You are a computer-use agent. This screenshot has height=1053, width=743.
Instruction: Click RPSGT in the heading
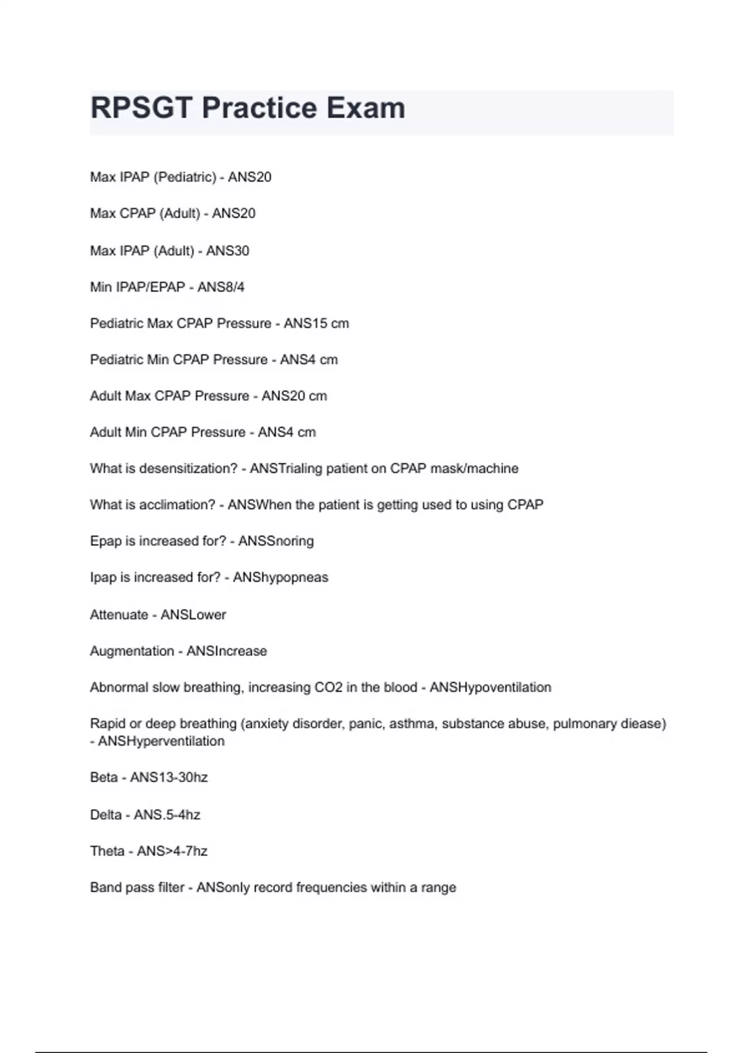coord(142,108)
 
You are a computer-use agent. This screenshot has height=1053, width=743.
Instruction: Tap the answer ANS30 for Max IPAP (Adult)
coord(227,251)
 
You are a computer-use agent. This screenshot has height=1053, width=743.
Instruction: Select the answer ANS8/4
coord(221,287)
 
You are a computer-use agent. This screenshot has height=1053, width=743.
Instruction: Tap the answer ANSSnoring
coord(276,541)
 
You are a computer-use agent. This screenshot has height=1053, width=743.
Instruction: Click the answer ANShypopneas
coord(280,577)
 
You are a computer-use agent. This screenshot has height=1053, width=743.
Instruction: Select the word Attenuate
coord(119,615)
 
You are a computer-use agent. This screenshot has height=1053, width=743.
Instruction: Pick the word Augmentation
coord(132,651)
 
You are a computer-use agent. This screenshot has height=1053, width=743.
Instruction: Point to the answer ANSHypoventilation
coord(490,688)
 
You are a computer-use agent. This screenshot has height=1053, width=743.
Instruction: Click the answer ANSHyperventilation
coord(161,741)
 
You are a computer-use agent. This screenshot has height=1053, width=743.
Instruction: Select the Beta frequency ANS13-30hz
coord(169,777)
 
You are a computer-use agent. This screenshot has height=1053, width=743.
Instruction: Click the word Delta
coord(106,815)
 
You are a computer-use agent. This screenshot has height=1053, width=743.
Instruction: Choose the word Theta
coord(107,851)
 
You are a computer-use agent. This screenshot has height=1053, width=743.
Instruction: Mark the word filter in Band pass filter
coord(171,888)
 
